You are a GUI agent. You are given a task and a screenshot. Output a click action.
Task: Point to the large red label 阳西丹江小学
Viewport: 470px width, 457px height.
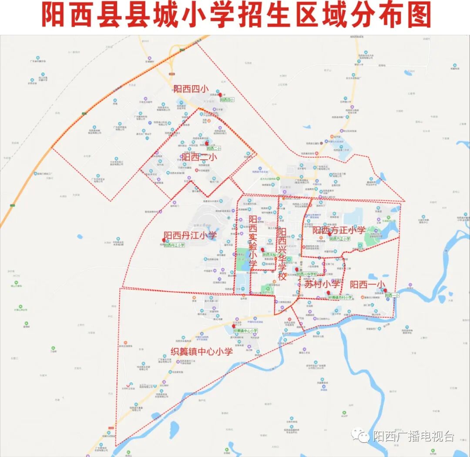(190, 235)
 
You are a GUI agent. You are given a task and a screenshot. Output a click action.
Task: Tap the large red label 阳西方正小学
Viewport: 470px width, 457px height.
(339, 230)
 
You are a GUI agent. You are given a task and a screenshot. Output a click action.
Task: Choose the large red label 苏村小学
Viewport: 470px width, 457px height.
(322, 285)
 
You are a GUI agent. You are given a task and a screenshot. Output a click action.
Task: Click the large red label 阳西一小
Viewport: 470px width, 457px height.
(368, 285)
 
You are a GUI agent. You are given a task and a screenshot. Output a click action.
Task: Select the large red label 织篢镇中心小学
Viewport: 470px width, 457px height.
(201, 351)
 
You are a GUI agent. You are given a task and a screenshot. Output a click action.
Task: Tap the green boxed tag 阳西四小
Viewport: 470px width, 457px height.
(227, 100)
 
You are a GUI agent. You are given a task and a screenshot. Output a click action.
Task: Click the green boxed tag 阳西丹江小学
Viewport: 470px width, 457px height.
(175, 245)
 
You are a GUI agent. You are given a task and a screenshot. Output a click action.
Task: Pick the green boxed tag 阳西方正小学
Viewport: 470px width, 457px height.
(339, 239)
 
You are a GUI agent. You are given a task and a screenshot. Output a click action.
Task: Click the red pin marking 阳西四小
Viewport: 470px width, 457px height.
(220, 94)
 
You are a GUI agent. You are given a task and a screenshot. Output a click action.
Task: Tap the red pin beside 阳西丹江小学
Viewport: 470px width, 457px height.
(164, 240)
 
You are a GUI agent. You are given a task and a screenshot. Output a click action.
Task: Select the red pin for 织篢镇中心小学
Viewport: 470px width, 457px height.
(234, 326)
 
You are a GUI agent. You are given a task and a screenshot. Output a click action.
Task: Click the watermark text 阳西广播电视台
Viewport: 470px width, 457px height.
(413, 436)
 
